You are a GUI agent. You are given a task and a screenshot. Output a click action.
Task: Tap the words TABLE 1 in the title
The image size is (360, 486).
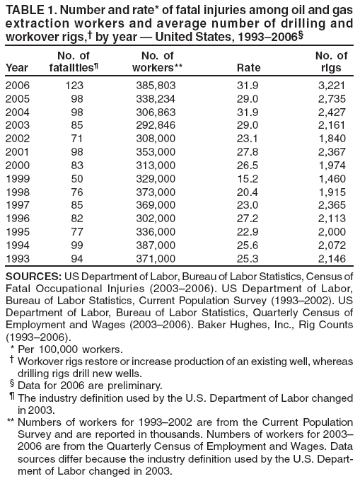28,10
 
